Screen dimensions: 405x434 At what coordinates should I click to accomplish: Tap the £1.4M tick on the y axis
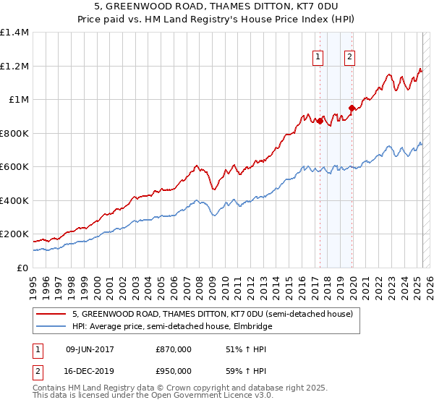[14, 33]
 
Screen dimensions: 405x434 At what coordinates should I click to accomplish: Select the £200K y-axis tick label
[14, 234]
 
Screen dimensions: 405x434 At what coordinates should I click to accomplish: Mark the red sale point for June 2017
[319, 121]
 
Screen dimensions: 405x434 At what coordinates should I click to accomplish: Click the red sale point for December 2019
[352, 108]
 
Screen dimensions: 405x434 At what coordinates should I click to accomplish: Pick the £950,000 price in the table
[173, 370]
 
